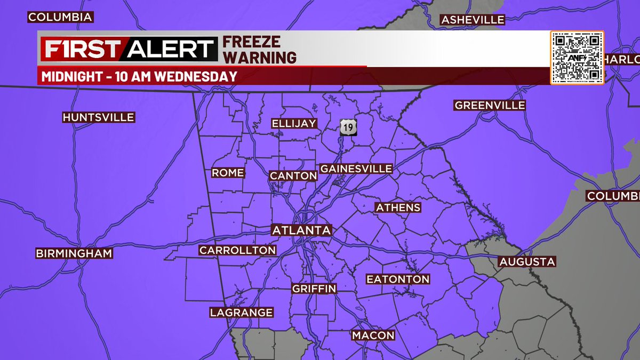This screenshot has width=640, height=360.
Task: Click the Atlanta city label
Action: tap(302, 230)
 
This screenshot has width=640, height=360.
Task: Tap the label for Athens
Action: tap(398, 207)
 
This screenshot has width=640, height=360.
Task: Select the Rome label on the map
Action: tap(228, 173)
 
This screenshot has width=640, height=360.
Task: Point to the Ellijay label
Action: tap(294, 123)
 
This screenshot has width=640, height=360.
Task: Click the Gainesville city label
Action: tap(356, 169)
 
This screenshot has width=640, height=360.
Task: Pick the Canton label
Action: tap(293, 175)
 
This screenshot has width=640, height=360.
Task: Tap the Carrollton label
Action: tap(237, 250)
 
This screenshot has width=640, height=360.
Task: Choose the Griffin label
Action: tap(314, 289)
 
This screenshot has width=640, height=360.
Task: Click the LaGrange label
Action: tap(241, 313)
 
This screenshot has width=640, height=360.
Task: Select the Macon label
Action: tap(373, 335)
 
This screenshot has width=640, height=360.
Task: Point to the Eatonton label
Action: tap(398, 279)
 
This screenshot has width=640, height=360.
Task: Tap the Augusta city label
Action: tap(527, 261)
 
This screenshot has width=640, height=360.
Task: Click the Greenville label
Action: tap(490, 105)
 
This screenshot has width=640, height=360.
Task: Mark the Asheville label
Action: tap(473, 20)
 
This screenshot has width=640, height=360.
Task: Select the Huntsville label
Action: tap(99, 117)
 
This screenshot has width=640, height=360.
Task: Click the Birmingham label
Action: tap(74, 253)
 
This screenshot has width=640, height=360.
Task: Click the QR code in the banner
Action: tap(577, 57)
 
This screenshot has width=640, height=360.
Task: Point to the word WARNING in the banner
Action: tap(259, 57)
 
